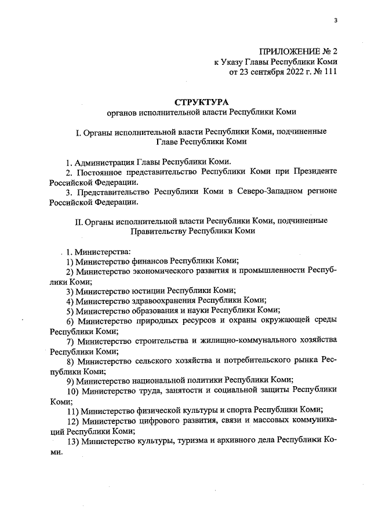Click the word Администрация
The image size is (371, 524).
106,162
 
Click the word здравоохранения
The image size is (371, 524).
163,301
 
